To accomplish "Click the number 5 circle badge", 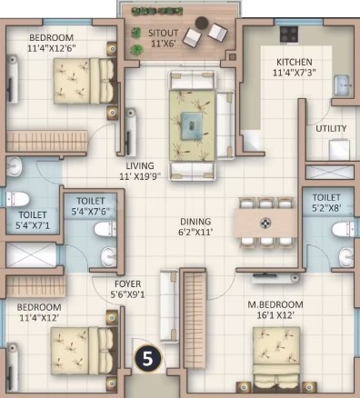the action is tap(147, 359).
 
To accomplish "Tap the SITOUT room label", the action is tap(163, 33).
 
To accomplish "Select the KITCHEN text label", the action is tap(295, 62).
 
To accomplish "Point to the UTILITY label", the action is tap(331, 128).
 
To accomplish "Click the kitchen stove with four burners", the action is tap(289, 34).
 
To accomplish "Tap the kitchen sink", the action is tap(343, 85).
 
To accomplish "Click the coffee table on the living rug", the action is tap(192, 125).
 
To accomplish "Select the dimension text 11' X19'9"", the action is tap(139, 176).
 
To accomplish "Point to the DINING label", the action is tap(195, 222).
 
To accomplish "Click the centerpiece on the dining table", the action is tap(265, 224).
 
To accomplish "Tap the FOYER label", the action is tap(127, 284).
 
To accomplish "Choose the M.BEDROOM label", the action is tap(275, 304).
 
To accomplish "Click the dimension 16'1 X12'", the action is tap(275, 315).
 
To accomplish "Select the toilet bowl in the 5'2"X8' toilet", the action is tap(343, 229).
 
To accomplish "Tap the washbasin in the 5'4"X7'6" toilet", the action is tap(108, 257).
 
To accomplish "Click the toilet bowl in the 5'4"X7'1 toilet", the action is tap(17, 199).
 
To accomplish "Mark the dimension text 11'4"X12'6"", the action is tap(51, 48).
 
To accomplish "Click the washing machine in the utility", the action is tap(339, 149).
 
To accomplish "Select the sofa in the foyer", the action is tap(169, 306).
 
